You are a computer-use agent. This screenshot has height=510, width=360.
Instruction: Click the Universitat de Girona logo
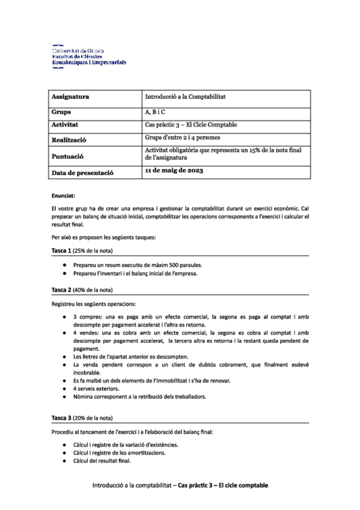pyautogui.click(x=89, y=57)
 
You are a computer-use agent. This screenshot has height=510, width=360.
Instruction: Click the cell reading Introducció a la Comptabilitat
pyautogui.click(x=185, y=96)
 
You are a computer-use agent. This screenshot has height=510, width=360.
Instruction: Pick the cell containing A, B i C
pyautogui.click(x=155, y=112)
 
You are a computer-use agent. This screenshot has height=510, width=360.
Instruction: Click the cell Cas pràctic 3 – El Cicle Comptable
pyautogui.click(x=191, y=125)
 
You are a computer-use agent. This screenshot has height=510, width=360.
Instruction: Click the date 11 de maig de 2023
pyautogui.click(x=174, y=171)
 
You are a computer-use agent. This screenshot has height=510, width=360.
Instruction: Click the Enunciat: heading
pyautogui.click(x=63, y=195)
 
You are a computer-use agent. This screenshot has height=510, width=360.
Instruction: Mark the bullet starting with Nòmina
pyautogui.click(x=139, y=397)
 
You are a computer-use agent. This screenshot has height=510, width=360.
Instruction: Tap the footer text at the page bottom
pyautogui.click(x=180, y=485)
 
